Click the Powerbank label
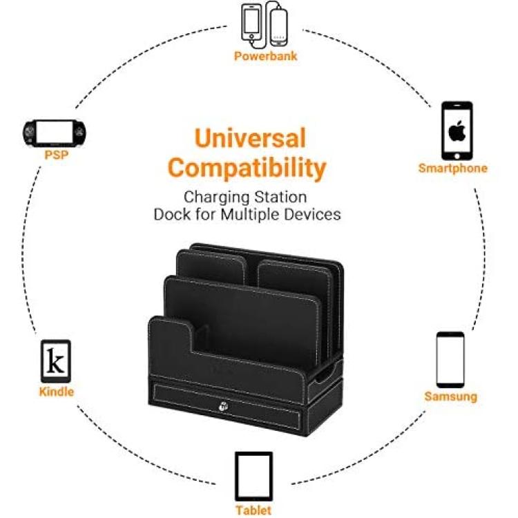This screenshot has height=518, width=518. coord(266,56)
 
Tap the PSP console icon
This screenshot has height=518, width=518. coord(54,133)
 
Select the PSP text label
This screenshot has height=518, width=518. coord(57,155)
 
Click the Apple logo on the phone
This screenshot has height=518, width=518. coord(457,131)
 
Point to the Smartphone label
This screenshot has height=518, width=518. coord(453,168)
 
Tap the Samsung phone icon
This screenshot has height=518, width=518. coord(450,360)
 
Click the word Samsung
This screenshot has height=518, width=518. coord(450,396)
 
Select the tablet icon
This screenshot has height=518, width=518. coord(253,476)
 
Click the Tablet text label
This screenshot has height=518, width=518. coord(253,510)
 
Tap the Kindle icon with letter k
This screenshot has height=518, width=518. coord(56,361)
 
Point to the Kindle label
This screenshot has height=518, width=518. coord(57,392)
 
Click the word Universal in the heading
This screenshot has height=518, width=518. coord(250,138)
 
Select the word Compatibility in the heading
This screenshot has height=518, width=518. coord(247,169)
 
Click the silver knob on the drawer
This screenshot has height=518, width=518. coord(223,406)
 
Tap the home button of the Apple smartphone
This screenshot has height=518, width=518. coord(457,156)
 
